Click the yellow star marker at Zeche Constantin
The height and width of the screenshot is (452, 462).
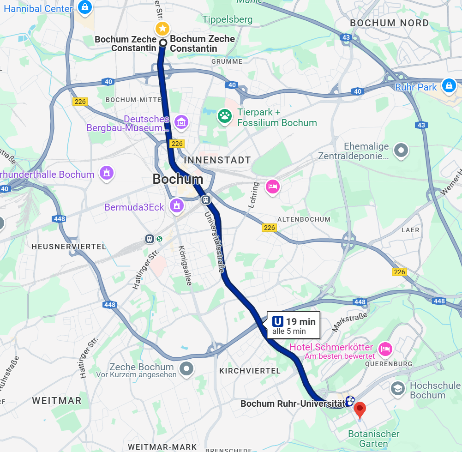click(162, 29)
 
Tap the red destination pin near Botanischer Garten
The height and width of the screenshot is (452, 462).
click(360, 409)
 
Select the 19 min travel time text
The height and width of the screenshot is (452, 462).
click(300, 322)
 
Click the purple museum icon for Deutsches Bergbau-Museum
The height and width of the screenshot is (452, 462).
click(182, 122)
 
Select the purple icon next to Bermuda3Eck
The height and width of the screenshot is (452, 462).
click(176, 206)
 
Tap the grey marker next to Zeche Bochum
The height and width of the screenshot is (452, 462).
click(186, 368)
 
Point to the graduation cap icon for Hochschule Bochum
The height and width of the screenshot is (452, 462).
click(397, 389)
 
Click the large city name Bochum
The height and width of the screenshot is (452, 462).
click(178, 179)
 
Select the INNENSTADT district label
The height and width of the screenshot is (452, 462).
click(217, 160)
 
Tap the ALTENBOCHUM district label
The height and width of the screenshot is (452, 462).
click(304, 219)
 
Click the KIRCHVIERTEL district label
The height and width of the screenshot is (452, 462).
click(250, 371)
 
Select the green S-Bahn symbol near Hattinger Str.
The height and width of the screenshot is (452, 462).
click(160, 239)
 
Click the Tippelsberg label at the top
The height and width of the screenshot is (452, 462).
click(228, 19)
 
